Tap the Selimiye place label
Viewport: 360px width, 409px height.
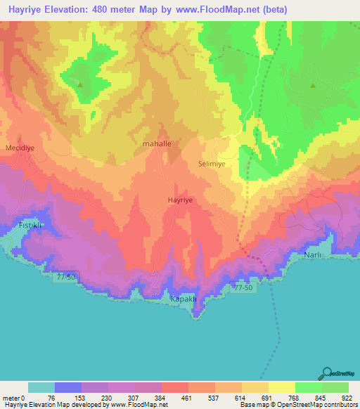pyautogui.click(x=211, y=163)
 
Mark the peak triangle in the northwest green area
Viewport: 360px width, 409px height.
pyautogui.click(x=79, y=86)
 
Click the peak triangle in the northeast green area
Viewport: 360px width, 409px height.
pyautogui.click(x=312, y=86)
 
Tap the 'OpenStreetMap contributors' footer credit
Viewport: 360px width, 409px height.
pyautogui.click(x=314, y=405)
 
